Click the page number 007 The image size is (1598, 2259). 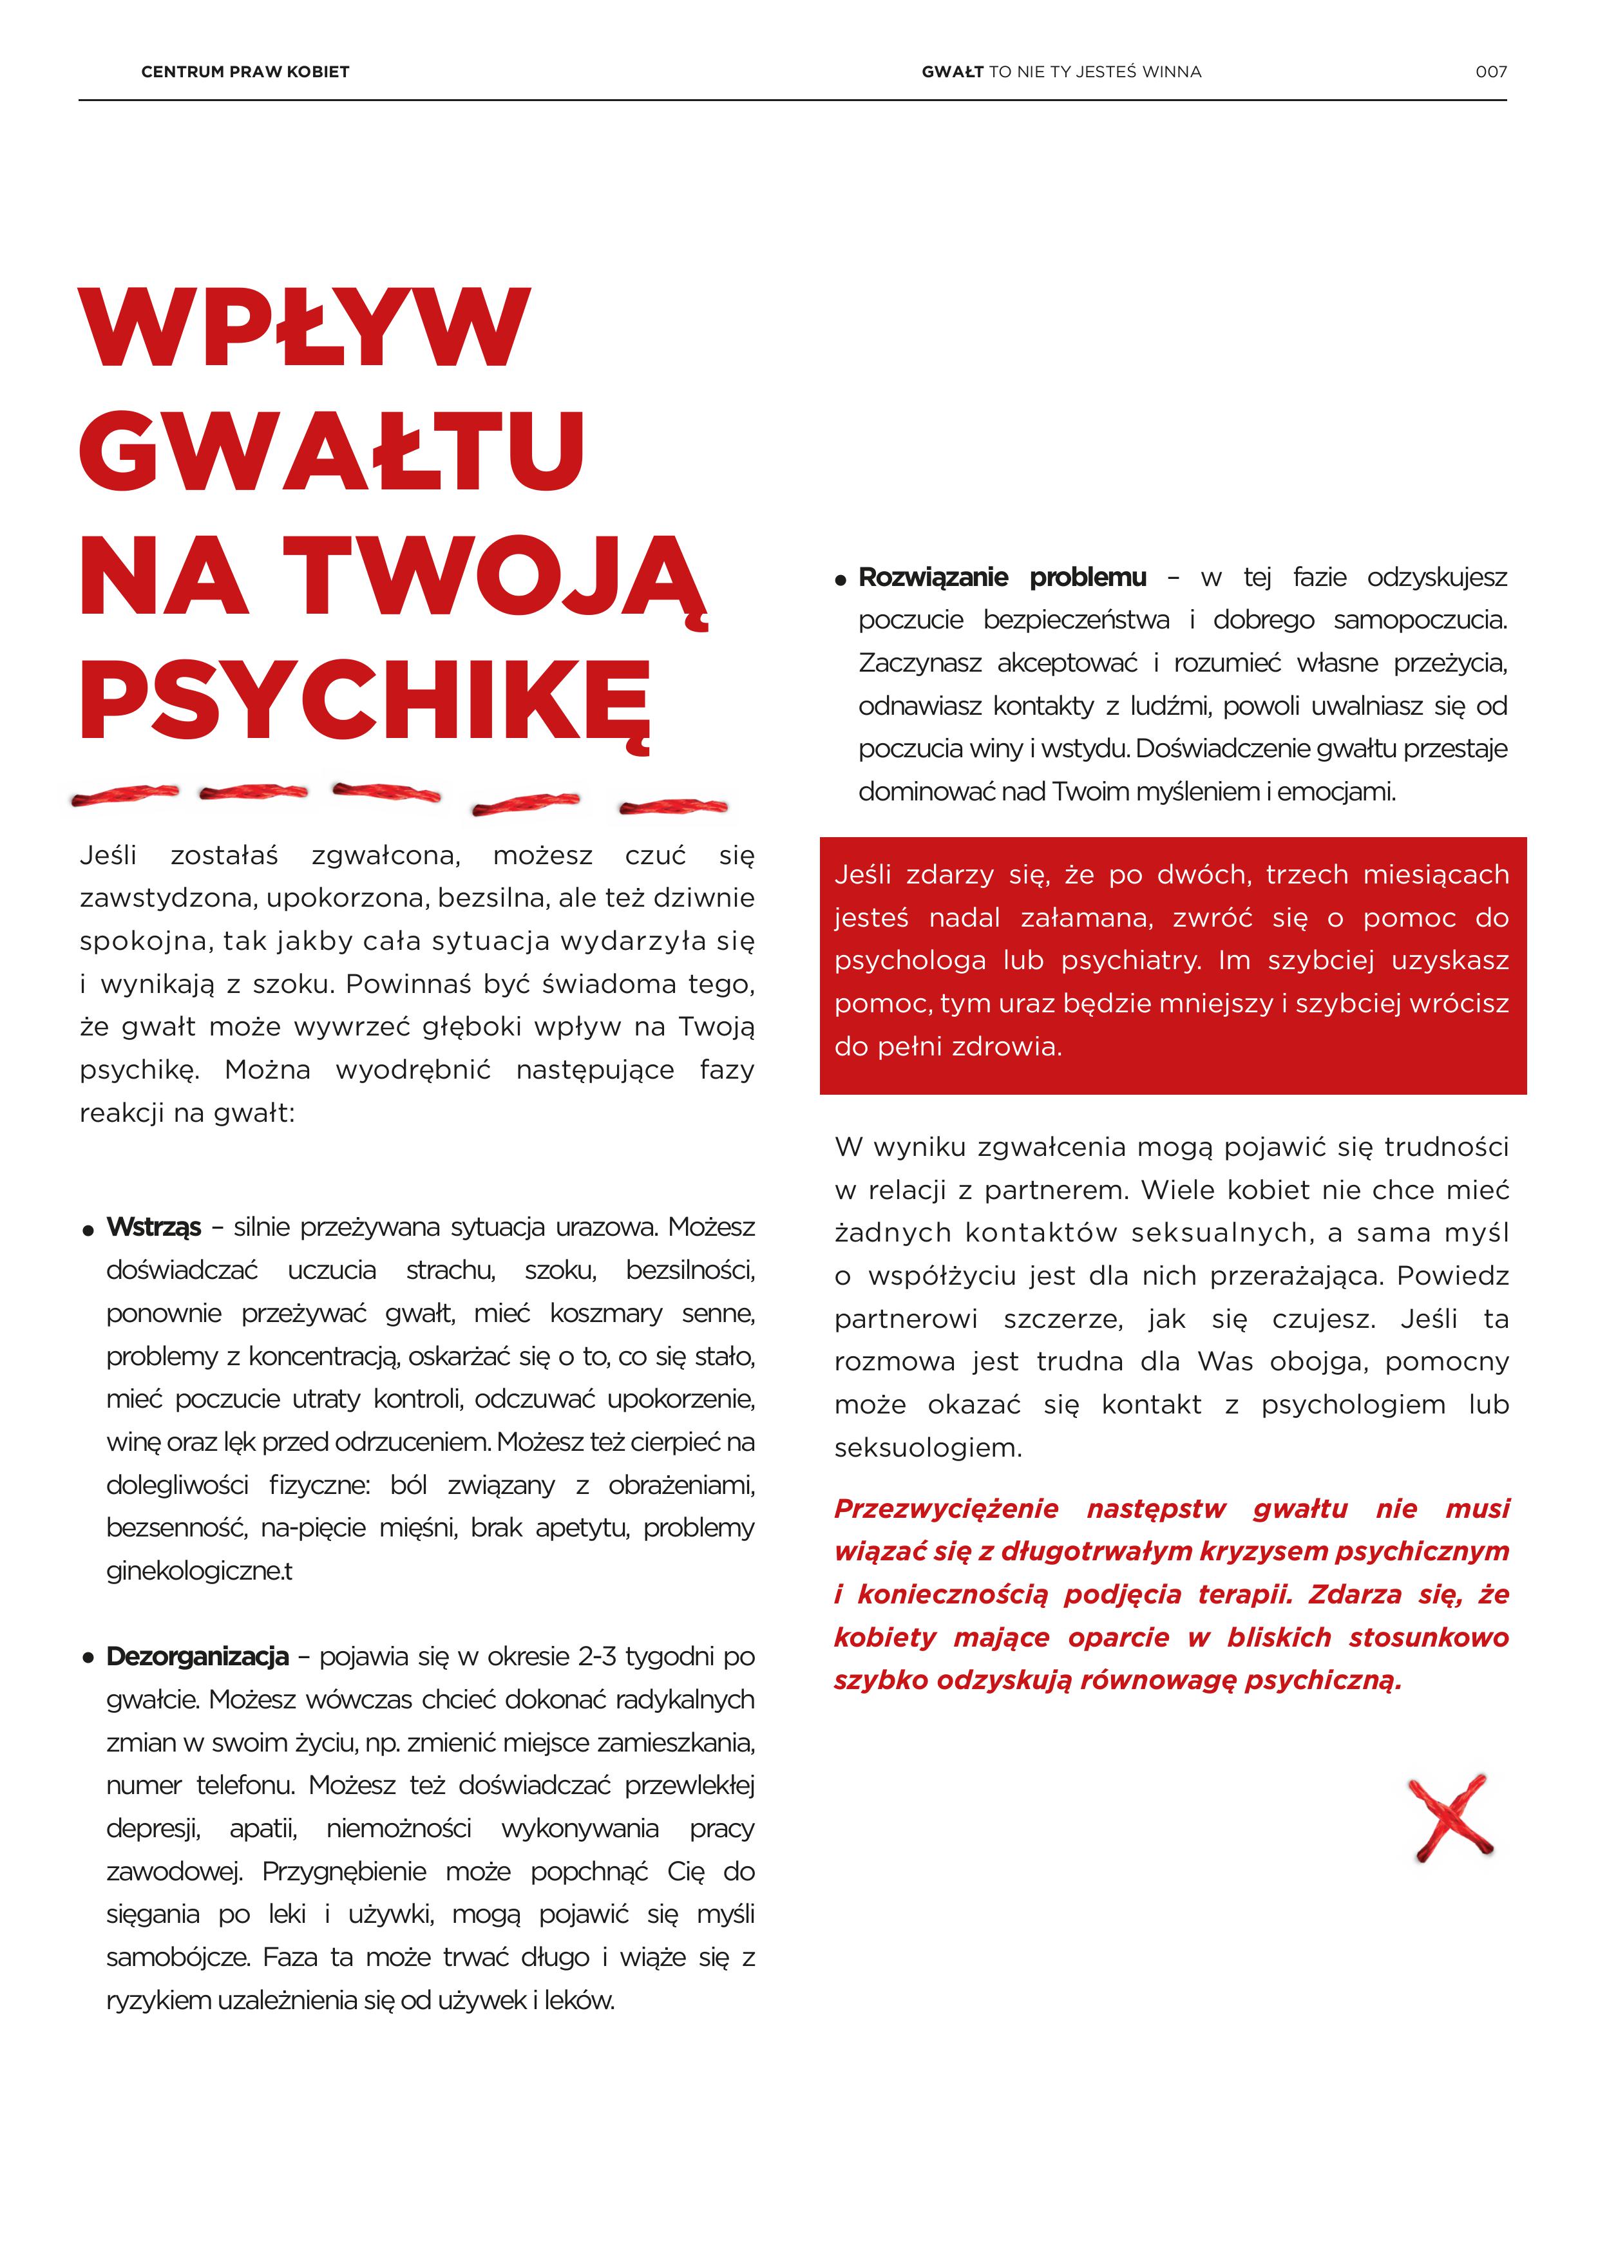[1490, 72]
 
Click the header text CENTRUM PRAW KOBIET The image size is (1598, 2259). [245, 72]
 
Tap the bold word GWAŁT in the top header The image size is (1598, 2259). [951, 72]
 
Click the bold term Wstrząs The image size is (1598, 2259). [153, 1227]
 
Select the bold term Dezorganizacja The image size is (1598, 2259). [198, 1657]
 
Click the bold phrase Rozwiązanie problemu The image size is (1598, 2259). [1002, 578]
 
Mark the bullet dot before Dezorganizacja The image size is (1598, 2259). [88, 1659]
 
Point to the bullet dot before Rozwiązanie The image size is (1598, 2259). [841, 580]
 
